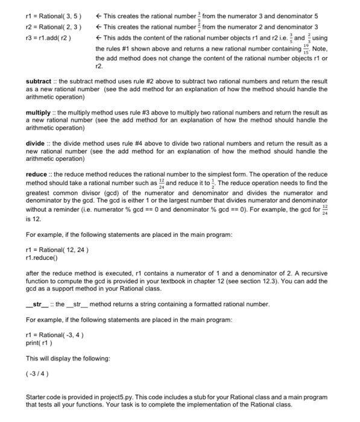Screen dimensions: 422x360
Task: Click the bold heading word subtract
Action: click(x=41, y=81)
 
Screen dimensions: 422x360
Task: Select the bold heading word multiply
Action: click(x=40, y=113)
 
